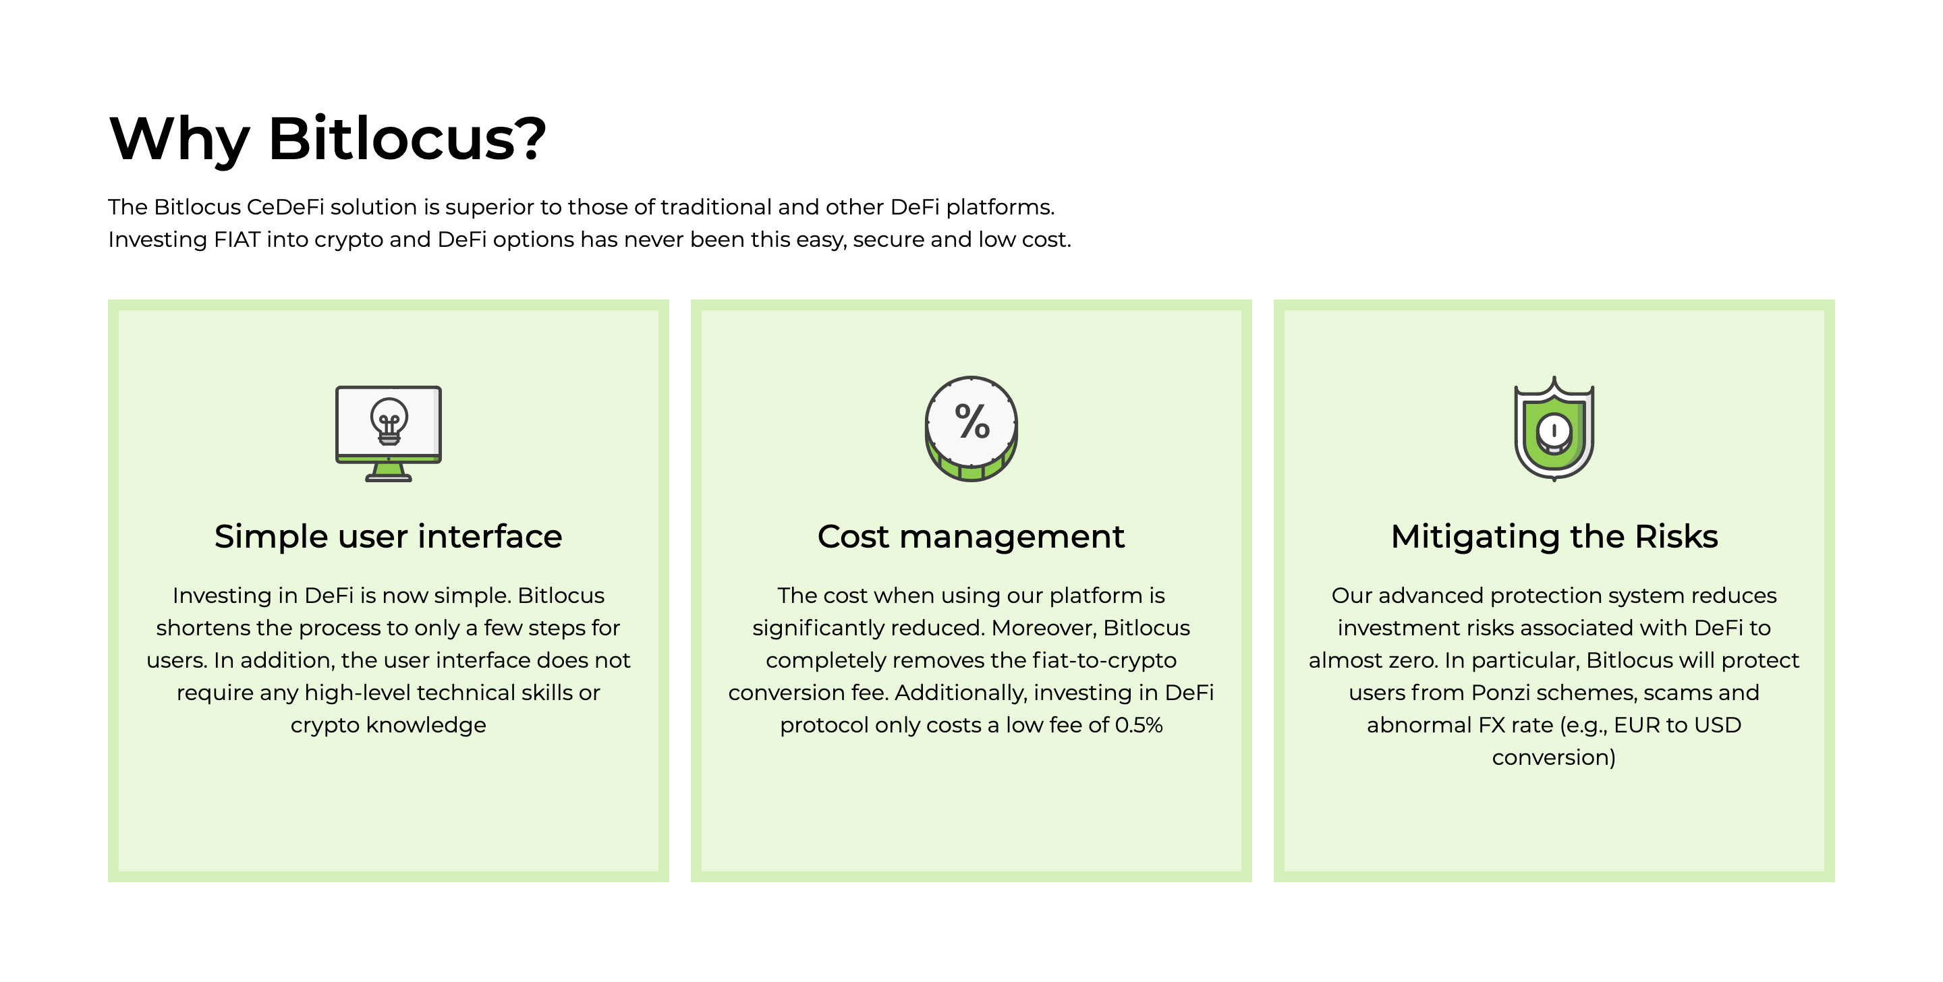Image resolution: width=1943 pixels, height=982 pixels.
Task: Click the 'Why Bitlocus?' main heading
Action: click(327, 139)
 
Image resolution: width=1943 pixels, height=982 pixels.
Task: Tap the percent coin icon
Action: click(971, 428)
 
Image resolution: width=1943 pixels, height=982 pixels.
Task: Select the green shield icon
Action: click(1554, 428)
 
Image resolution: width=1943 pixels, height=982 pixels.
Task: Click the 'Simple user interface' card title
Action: click(389, 536)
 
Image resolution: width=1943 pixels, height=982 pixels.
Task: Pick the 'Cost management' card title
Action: click(971, 536)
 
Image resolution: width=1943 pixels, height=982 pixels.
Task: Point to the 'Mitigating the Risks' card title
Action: click(1554, 536)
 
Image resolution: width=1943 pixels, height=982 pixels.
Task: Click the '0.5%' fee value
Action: click(1138, 725)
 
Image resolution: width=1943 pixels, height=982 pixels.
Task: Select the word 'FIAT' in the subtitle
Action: click(237, 239)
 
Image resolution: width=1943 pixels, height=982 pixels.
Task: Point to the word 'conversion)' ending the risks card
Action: click(1554, 757)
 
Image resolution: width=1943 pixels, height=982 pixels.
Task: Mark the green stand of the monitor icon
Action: click(389, 471)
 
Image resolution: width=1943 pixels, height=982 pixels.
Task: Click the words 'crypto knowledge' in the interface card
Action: click(389, 725)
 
